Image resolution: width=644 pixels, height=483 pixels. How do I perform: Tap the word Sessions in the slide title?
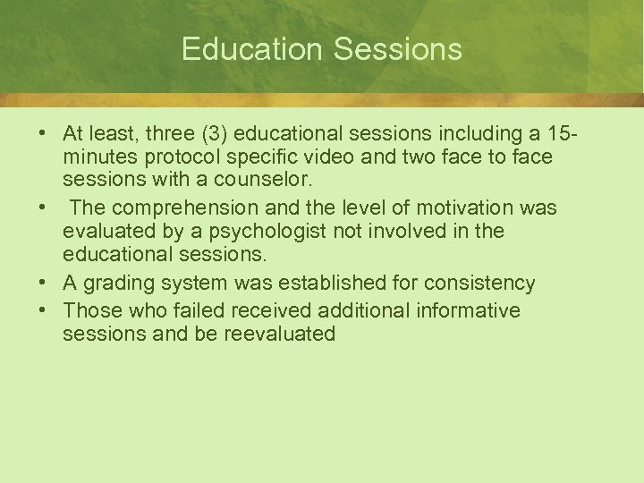[398, 48]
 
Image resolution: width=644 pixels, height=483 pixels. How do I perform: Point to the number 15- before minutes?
[560, 133]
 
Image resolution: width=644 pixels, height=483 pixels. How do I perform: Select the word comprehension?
[177, 208]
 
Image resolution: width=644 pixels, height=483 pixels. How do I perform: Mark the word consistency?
[479, 284]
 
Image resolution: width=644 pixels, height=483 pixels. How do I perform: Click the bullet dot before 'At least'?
[43, 133]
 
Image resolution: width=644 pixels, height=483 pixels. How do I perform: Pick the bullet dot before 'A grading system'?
[43, 284]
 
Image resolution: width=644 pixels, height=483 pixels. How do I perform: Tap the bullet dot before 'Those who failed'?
[43, 309]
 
